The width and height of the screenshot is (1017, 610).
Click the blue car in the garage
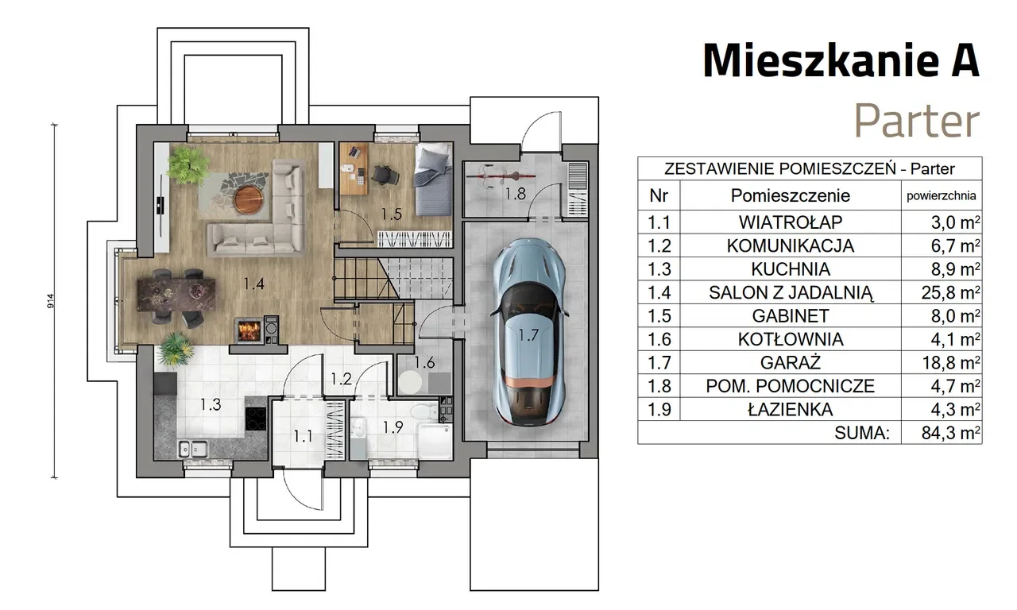click(529, 332)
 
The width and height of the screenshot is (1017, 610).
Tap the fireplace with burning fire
click(249, 330)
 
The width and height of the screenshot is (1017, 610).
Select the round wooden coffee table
click(249, 199)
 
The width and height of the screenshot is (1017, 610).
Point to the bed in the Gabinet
click(433, 180)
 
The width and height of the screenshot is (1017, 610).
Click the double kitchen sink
click(193, 449)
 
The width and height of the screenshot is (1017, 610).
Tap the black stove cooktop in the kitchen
click(256, 419)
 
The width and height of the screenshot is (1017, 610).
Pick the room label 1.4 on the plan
click(253, 284)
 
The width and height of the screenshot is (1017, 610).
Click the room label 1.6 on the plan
click(424, 363)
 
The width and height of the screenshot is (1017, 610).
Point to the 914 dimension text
click(50, 301)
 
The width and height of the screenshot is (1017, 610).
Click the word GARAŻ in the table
click(791, 363)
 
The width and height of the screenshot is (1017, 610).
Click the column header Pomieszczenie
click(791, 195)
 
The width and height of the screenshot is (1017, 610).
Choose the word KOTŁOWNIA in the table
click(791, 339)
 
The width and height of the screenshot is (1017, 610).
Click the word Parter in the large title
click(917, 121)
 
